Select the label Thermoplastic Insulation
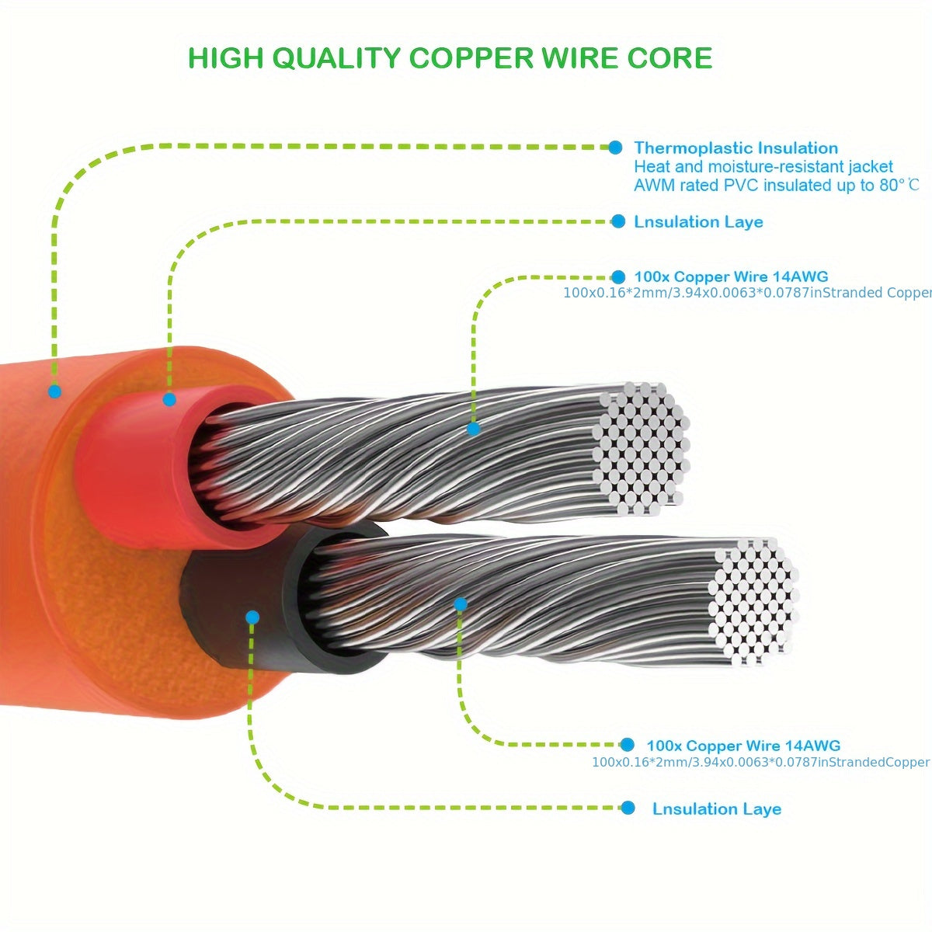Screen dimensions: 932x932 pyautogui.click(x=736, y=148)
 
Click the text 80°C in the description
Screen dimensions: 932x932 pyautogui.click(x=900, y=185)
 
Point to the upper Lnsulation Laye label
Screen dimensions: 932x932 pyautogui.click(x=698, y=222)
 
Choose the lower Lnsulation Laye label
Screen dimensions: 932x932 pyautogui.click(x=716, y=809)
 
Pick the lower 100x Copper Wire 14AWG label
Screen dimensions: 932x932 pyautogui.click(x=743, y=746)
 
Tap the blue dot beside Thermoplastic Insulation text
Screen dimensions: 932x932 pyautogui.click(x=615, y=147)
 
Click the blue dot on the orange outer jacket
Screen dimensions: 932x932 pyautogui.click(x=54, y=391)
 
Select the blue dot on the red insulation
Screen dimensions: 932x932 pyautogui.click(x=169, y=400)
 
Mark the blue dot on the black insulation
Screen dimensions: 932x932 pyautogui.click(x=252, y=617)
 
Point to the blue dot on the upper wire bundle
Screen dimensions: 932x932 pyautogui.click(x=473, y=429)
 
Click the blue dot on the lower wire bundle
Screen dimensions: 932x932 pyautogui.click(x=461, y=603)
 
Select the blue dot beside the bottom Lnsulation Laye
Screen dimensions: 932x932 pyautogui.click(x=628, y=809)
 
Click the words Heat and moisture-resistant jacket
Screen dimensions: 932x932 pyautogui.click(x=763, y=166)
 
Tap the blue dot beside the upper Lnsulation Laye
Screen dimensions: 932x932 pyautogui.click(x=618, y=222)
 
